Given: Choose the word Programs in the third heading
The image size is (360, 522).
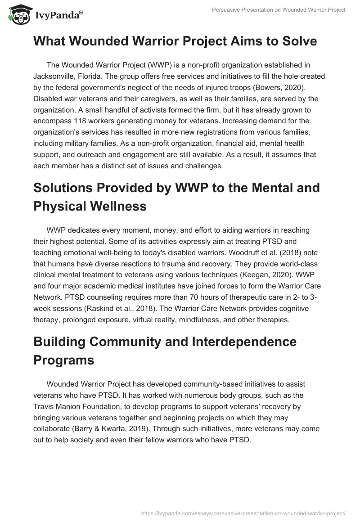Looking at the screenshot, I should click(64, 360).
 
